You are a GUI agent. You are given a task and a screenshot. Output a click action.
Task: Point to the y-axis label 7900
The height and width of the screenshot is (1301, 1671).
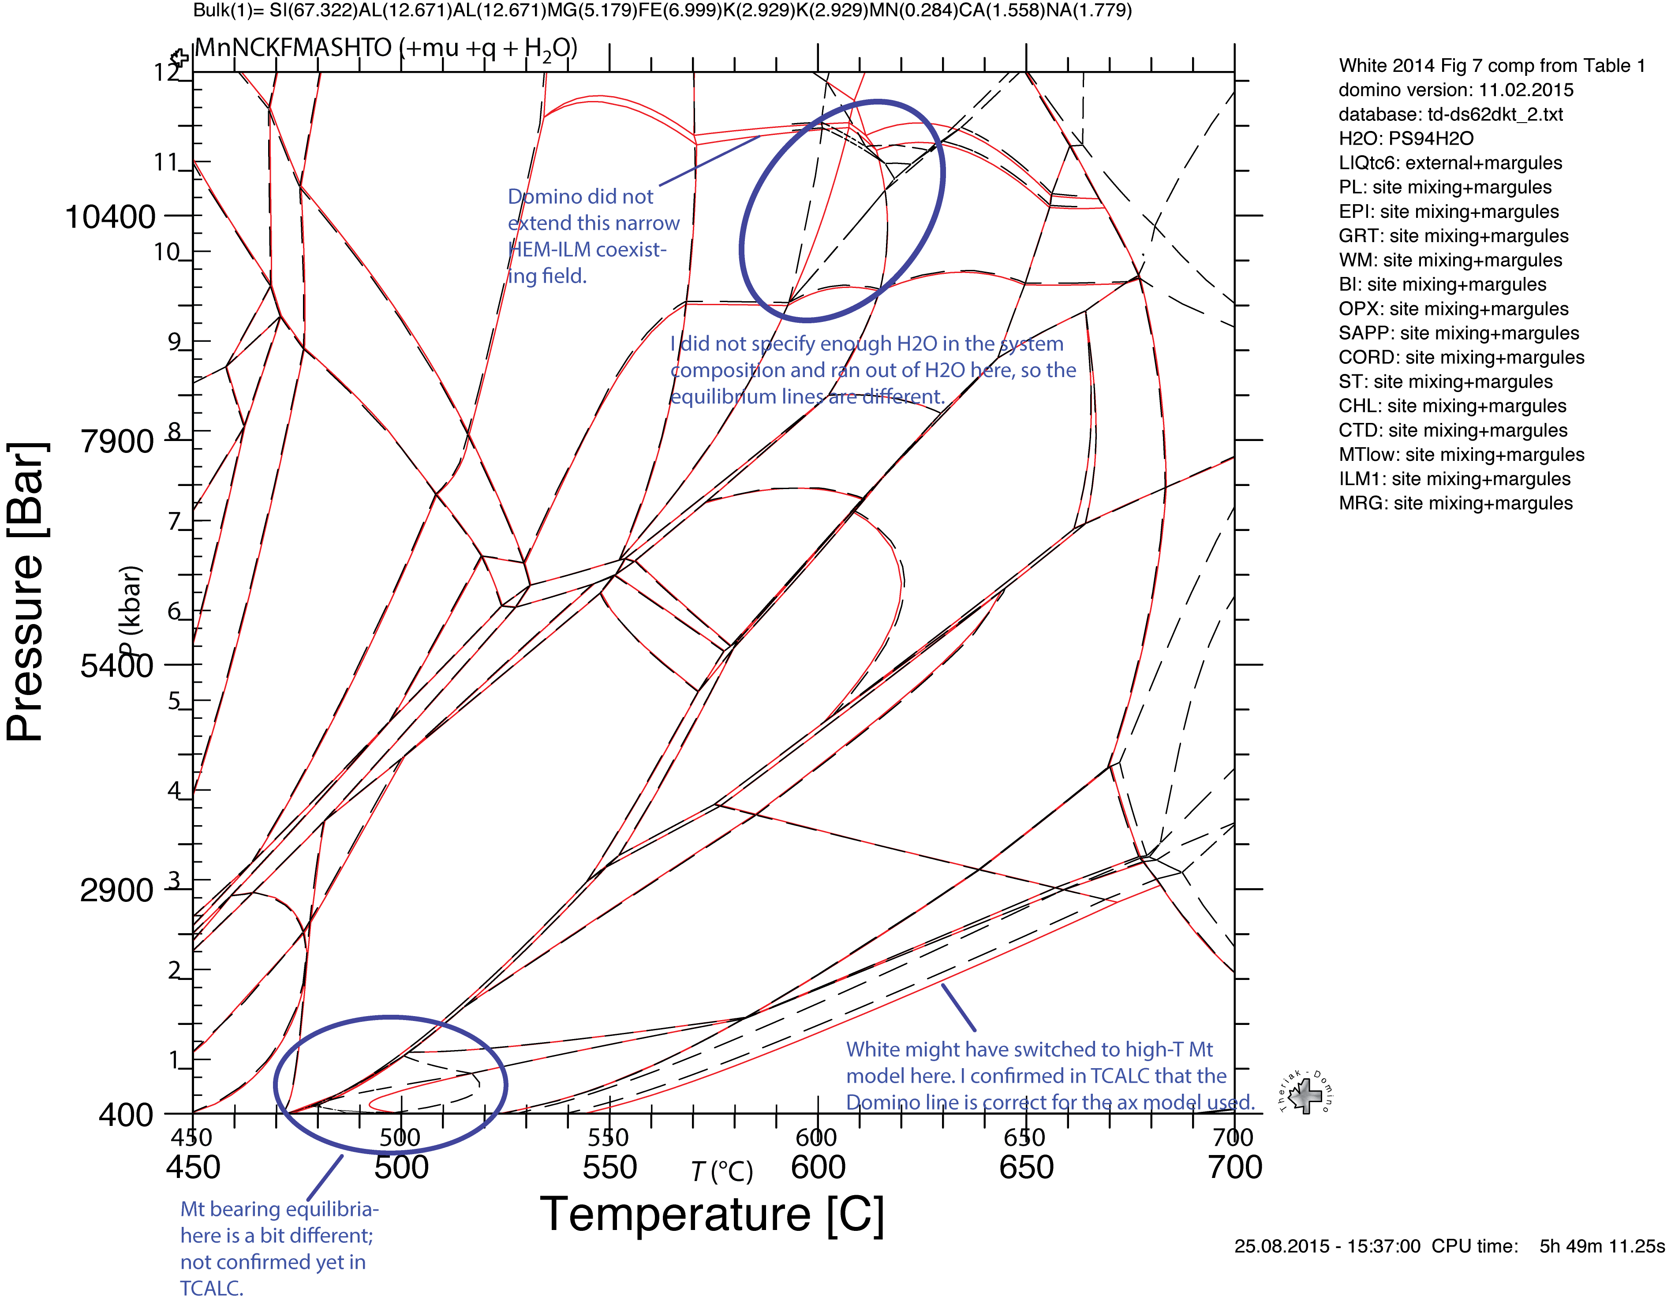(117, 441)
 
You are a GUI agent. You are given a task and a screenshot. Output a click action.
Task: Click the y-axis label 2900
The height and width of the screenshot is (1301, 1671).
(117, 891)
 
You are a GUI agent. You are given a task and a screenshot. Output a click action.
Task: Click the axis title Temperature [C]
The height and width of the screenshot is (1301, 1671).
(711, 1215)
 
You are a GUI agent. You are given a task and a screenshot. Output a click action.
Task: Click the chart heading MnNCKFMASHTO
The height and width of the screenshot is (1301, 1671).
(293, 48)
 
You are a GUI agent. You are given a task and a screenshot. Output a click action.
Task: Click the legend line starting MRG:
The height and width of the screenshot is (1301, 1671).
(1455, 504)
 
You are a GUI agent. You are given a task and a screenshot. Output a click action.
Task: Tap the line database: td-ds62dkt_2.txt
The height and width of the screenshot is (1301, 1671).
(1450, 114)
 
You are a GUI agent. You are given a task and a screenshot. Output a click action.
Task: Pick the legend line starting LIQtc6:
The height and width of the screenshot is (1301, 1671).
(1450, 163)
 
